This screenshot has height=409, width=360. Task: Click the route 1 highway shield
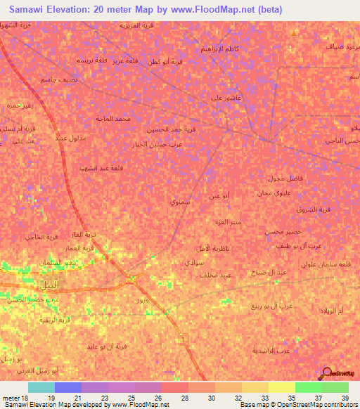pos(185,339)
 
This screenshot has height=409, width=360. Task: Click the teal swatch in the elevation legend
pos(41,388)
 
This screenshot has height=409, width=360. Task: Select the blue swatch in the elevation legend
pos(67,388)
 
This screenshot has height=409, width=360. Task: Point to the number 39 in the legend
pos(344,398)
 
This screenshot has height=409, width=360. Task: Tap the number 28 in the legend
pos(184,398)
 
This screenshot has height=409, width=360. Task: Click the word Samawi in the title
pos(30,10)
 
